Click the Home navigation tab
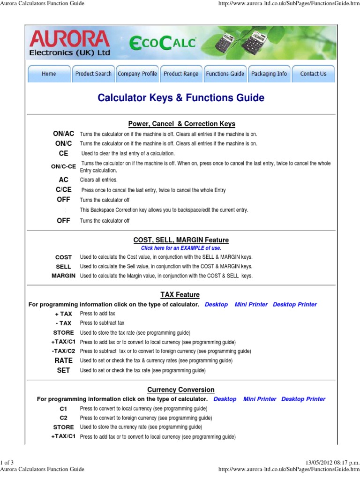click(49, 74)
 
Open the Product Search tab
click(93, 74)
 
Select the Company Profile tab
click(137, 74)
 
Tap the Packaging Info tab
click(269, 74)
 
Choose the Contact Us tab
click(313, 74)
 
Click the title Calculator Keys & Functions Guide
click(180, 98)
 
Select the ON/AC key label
click(63, 134)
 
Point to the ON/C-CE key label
click(63, 166)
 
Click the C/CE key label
click(63, 190)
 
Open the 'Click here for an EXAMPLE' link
click(180, 248)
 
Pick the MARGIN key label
click(63, 276)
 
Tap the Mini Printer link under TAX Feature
click(251, 305)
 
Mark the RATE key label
click(63, 360)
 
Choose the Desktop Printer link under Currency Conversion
click(303, 399)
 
